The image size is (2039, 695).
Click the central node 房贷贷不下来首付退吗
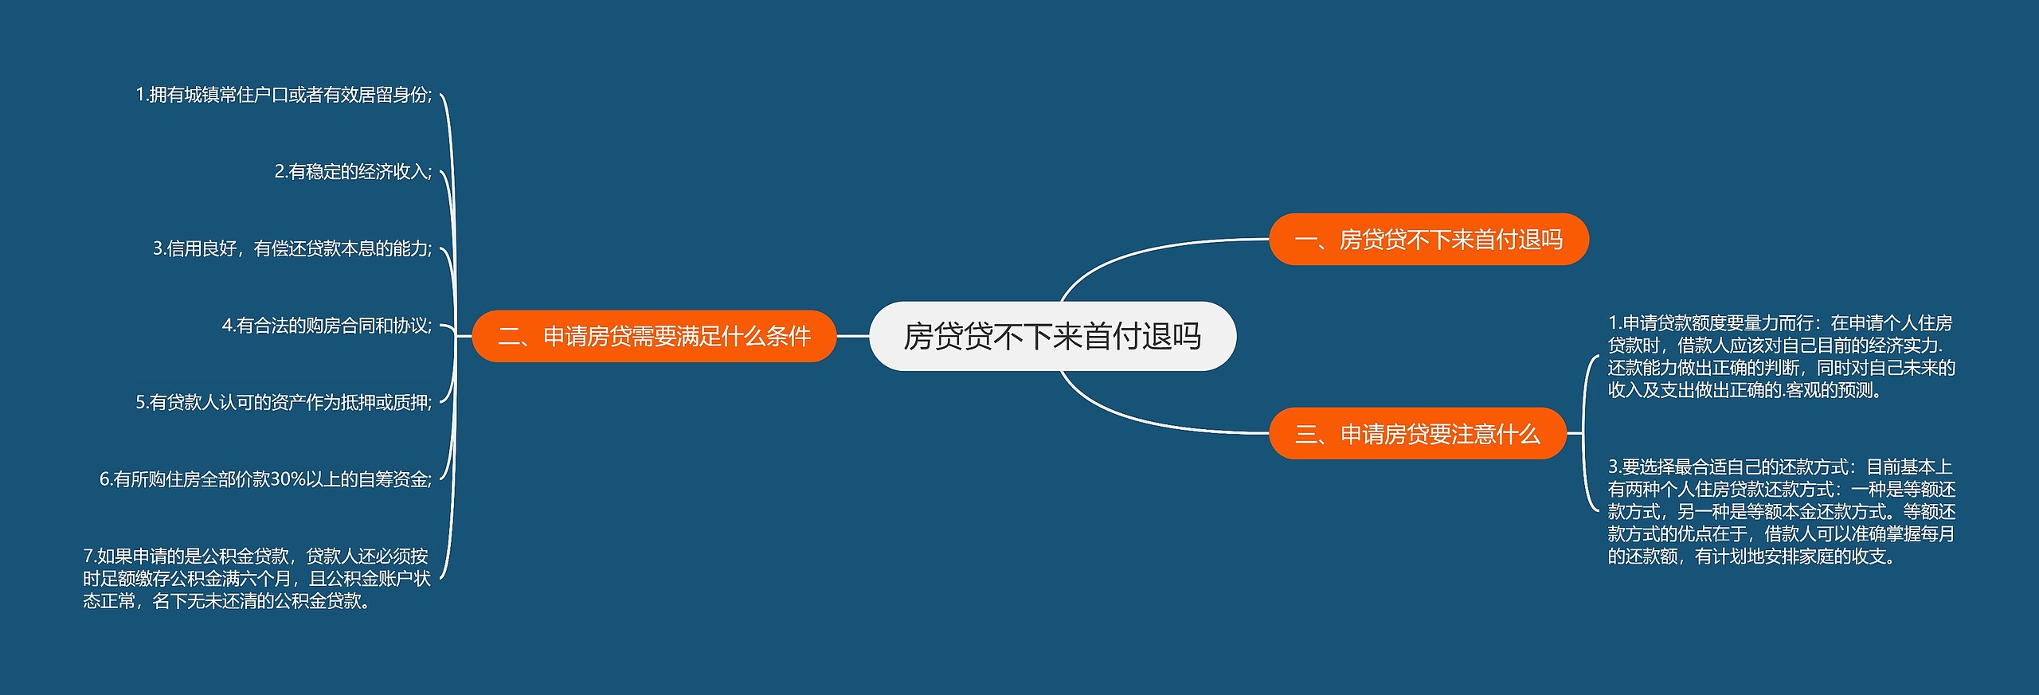tap(1052, 336)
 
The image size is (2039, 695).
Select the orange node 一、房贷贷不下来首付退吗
tap(1428, 239)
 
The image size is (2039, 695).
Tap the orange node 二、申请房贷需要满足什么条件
tap(654, 336)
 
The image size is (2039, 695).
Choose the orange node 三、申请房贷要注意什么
tap(1417, 433)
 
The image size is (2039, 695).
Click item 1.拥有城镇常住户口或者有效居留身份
tap(284, 95)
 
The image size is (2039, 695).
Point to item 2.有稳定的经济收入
tap(353, 172)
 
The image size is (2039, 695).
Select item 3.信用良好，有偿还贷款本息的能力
tap(292, 249)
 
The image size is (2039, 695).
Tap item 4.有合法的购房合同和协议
tap(327, 326)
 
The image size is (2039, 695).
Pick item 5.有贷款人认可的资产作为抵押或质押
tap(284, 403)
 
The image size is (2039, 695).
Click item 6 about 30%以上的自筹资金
tap(265, 479)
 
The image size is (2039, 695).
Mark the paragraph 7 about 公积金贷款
tap(256, 578)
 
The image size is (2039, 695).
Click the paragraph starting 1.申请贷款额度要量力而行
tap(1781, 357)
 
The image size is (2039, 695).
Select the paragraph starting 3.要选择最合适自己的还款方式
tap(1781, 511)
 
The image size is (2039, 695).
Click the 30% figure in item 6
tap(288, 479)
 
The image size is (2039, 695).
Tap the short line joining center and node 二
tap(852, 336)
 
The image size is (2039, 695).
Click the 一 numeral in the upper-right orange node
tap(1305, 240)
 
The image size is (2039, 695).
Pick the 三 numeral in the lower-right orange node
tap(1305, 434)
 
